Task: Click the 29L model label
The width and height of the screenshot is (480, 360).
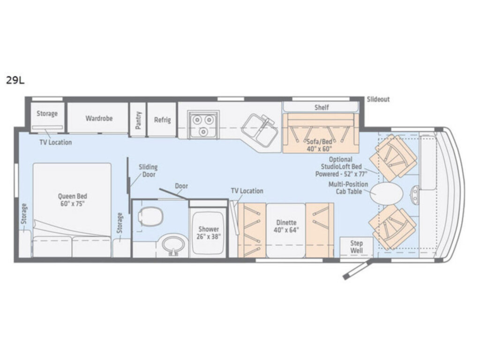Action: [x=15, y=80]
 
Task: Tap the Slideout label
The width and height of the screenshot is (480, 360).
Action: [x=378, y=99]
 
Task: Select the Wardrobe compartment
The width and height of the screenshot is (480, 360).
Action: [x=97, y=118]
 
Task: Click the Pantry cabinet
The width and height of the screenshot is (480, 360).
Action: [x=138, y=120]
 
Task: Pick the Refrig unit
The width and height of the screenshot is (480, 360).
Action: [x=162, y=120]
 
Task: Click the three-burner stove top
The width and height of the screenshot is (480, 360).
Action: [x=203, y=125]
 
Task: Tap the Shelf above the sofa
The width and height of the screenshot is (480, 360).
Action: [x=321, y=107]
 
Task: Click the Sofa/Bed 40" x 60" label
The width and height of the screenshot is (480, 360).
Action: [x=319, y=145]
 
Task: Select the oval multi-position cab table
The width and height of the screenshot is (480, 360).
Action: [x=386, y=194]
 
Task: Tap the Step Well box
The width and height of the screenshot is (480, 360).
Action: [x=356, y=247]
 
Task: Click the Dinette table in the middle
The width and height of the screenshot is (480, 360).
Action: [x=286, y=231]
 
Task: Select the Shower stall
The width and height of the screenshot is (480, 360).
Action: [x=208, y=232]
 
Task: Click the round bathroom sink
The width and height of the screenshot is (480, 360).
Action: [x=173, y=245]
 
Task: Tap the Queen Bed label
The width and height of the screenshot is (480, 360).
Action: [x=73, y=200]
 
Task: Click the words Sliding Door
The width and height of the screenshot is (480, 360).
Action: [x=148, y=171]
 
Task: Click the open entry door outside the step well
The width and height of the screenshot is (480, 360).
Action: [x=357, y=270]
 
